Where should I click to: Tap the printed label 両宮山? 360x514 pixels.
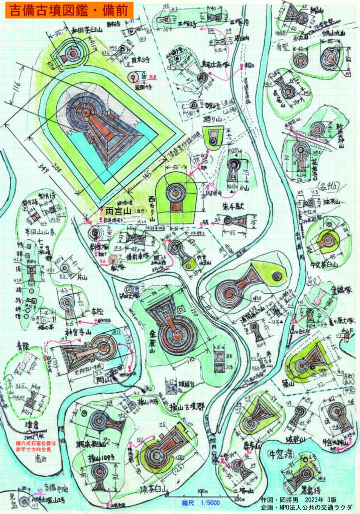click(x=117, y=211)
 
